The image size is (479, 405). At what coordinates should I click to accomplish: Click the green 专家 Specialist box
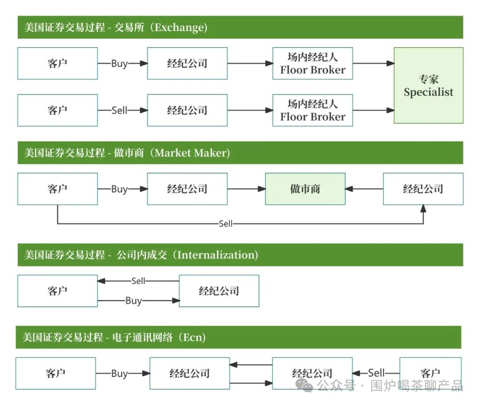click(x=428, y=86)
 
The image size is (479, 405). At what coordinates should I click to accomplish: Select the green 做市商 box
click(x=305, y=189)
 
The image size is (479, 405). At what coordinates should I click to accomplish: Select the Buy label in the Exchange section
click(x=119, y=64)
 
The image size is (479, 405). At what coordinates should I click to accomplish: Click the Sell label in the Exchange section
click(x=119, y=110)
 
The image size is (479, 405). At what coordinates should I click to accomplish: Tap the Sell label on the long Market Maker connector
click(x=225, y=224)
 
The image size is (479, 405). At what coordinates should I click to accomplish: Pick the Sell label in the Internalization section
click(x=138, y=281)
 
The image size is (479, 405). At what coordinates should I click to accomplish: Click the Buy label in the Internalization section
click(x=133, y=301)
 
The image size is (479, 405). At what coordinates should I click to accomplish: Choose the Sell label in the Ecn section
click(x=376, y=373)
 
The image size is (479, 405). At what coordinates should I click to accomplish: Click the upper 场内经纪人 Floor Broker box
click(x=313, y=64)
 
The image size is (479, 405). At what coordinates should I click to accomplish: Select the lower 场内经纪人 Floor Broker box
click(x=313, y=110)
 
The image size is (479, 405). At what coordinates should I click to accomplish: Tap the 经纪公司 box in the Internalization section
click(x=219, y=291)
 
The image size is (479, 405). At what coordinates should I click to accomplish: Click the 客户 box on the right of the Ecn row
click(x=430, y=373)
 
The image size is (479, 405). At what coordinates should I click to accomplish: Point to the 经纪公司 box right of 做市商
click(x=423, y=189)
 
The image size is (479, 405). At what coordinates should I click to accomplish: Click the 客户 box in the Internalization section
click(x=57, y=291)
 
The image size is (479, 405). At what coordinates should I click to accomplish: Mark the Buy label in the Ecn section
click(x=119, y=373)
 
